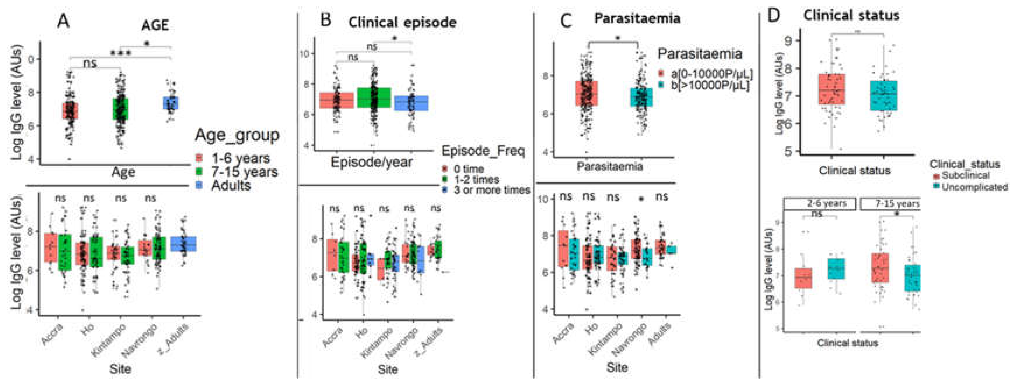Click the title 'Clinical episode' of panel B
tap(402, 22)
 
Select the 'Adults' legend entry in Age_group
tap(231, 185)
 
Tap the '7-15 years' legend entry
tap(244, 172)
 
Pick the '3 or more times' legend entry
tap(491, 190)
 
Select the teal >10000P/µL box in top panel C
tap(641, 97)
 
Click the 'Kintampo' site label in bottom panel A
tap(108, 340)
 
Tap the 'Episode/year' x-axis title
tap(371, 162)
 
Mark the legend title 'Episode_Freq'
tap(483, 151)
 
